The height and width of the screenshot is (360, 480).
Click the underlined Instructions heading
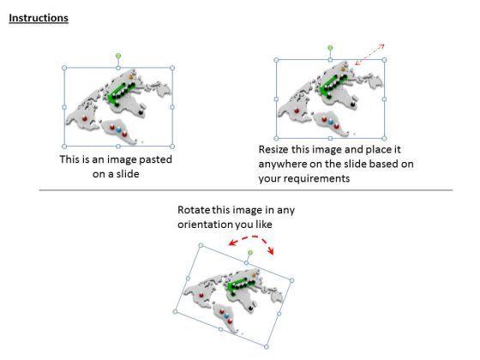click(x=39, y=18)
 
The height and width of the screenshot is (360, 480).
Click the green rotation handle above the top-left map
click(x=118, y=56)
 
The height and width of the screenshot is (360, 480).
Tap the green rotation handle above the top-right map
click(x=330, y=48)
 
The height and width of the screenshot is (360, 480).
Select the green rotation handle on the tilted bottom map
click(x=250, y=253)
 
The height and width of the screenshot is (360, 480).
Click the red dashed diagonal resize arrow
click(x=369, y=55)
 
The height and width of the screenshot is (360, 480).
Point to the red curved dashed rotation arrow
click(x=252, y=242)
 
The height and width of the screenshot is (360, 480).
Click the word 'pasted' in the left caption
click(x=155, y=159)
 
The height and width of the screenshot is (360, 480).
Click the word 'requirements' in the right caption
click(x=318, y=178)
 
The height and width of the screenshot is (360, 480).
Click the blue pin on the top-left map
click(x=119, y=129)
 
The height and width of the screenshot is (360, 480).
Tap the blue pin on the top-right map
click(x=331, y=122)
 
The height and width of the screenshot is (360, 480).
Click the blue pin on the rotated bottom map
click(x=226, y=316)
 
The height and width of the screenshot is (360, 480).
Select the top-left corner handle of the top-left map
click(x=64, y=68)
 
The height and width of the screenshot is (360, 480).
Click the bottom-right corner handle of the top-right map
click(x=385, y=138)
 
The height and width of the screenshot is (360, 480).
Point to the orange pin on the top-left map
click(x=132, y=76)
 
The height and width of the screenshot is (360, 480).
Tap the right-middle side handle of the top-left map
click(x=172, y=107)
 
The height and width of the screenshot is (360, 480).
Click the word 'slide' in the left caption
click(x=128, y=174)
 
